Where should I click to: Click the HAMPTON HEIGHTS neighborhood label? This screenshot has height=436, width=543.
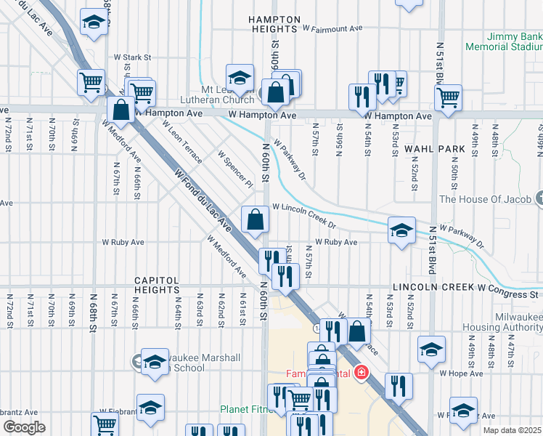(x=273, y=23)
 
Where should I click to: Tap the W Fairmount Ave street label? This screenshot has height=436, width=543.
(x=332, y=28)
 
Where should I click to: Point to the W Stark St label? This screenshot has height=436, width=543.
(x=131, y=56)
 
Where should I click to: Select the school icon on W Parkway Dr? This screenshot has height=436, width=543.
(x=401, y=230)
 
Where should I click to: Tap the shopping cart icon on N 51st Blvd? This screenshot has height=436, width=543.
(x=449, y=97)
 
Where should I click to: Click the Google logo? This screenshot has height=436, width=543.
(x=24, y=427)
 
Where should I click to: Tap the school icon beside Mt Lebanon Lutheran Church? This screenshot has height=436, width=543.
(x=240, y=77)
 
